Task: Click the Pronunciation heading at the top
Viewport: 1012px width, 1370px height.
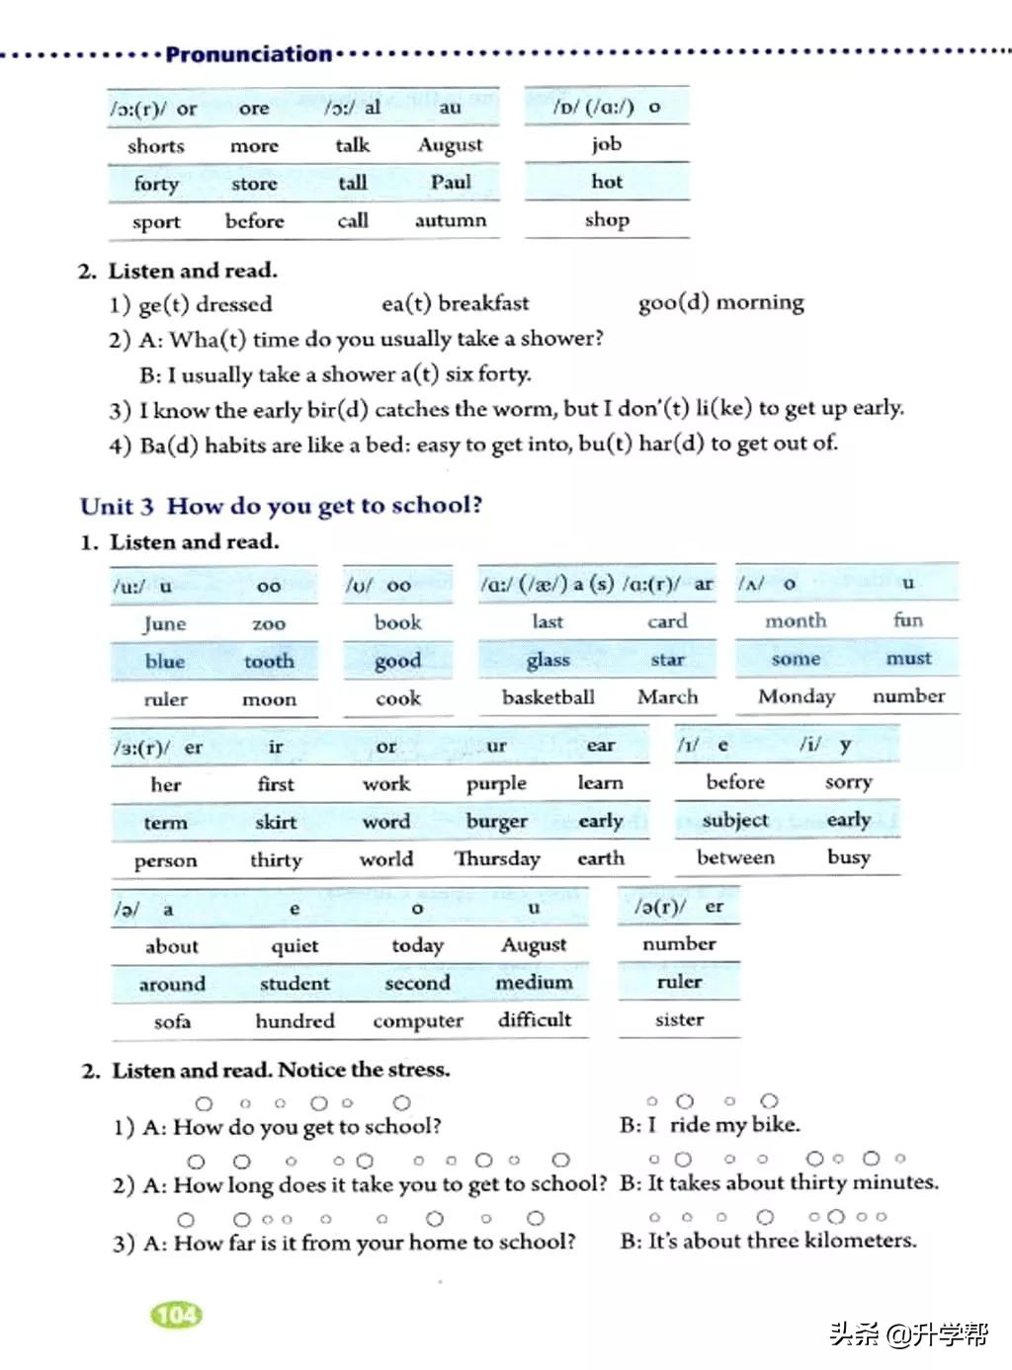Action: (x=248, y=54)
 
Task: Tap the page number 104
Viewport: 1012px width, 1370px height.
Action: (x=177, y=1315)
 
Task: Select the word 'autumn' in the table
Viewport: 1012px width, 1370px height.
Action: (x=451, y=220)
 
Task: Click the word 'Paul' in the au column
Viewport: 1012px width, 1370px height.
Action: (x=451, y=182)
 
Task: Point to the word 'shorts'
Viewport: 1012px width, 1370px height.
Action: (x=156, y=146)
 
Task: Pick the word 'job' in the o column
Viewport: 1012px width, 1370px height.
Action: (x=607, y=144)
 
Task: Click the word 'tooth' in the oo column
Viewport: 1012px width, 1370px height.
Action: (x=269, y=661)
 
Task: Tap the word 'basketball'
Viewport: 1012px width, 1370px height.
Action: (x=548, y=697)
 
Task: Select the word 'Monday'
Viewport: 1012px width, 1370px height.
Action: (x=797, y=696)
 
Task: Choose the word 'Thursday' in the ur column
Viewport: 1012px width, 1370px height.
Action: (x=497, y=859)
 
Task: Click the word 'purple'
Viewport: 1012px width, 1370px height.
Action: (x=496, y=784)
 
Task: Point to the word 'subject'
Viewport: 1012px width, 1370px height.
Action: (x=735, y=820)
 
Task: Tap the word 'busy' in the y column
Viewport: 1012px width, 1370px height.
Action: (x=849, y=857)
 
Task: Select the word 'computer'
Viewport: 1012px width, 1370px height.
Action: (x=418, y=1021)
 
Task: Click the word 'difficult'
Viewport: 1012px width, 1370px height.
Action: (x=535, y=1019)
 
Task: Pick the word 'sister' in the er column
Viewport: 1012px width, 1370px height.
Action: (x=680, y=1019)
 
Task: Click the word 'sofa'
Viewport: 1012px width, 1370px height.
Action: (x=172, y=1021)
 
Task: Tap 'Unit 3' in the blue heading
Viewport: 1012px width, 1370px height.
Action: (x=117, y=507)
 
